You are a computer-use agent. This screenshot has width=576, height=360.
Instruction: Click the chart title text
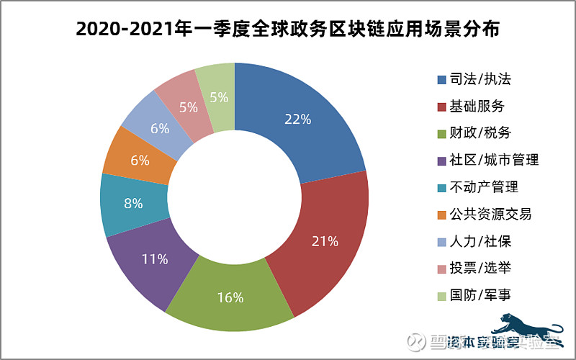point(288,30)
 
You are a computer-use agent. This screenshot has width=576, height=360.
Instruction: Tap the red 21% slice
point(323,241)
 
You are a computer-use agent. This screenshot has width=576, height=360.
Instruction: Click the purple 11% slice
point(154,258)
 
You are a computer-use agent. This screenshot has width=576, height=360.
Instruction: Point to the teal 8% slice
point(132,203)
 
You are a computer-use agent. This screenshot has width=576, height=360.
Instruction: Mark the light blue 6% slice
point(159,128)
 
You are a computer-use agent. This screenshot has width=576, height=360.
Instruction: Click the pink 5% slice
point(188,107)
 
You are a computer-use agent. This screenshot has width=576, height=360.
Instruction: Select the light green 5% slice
point(217,96)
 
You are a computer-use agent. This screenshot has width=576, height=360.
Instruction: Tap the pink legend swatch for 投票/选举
point(441,269)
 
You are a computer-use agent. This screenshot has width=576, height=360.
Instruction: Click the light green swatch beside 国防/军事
point(441,295)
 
